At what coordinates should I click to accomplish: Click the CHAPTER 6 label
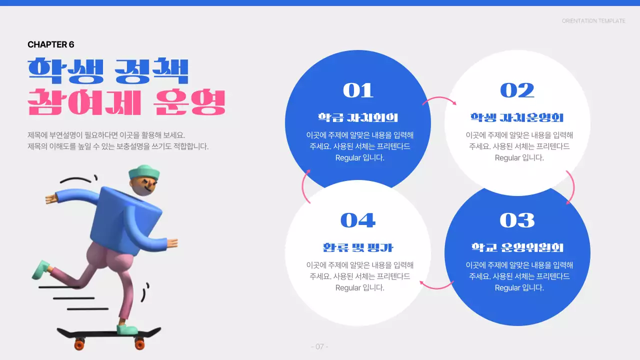pyautogui.click(x=51, y=44)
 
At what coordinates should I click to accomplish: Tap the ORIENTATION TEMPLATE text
pyautogui.click(x=593, y=21)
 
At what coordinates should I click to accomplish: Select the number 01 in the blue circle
pyautogui.click(x=358, y=90)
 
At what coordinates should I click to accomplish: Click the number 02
pyautogui.click(x=517, y=90)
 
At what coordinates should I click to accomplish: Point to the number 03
pyautogui.click(x=517, y=220)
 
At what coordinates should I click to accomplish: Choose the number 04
pyautogui.click(x=357, y=220)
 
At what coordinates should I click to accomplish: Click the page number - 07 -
pyautogui.click(x=319, y=346)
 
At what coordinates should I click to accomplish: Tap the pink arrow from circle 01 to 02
pyautogui.click(x=438, y=100)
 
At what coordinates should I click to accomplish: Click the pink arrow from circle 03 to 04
pyautogui.click(x=436, y=286)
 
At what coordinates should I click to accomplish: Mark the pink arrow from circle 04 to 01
pyautogui.click(x=304, y=186)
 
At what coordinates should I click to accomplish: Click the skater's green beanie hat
pyautogui.click(x=143, y=173)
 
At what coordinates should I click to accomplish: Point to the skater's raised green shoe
pyautogui.click(x=41, y=269)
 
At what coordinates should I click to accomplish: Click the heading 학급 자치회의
pyautogui.click(x=357, y=118)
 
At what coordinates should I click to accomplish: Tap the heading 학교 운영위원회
pyautogui.click(x=517, y=247)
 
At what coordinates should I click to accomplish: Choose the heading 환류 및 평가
pyautogui.click(x=357, y=247)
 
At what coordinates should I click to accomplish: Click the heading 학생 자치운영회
pyautogui.click(x=517, y=118)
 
